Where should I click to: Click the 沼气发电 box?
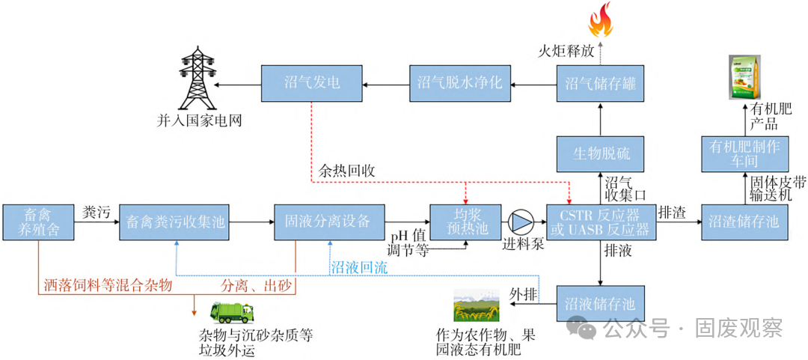tap(312, 83)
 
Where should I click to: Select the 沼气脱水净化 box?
tap(459, 83)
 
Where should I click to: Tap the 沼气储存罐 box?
tap(601, 83)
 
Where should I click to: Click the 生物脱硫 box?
tap(601, 153)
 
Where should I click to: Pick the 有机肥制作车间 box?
tap(744, 153)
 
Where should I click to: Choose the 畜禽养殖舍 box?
tap(39, 222)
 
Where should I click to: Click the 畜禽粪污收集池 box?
tap(175, 222)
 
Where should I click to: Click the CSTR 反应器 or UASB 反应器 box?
tap(601, 222)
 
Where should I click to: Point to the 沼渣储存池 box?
tap(744, 222)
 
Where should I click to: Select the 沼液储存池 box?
tap(601, 304)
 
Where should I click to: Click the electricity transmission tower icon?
tap(200, 78)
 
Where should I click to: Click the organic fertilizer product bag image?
tap(744, 75)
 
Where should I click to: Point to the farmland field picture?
tap(477, 308)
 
